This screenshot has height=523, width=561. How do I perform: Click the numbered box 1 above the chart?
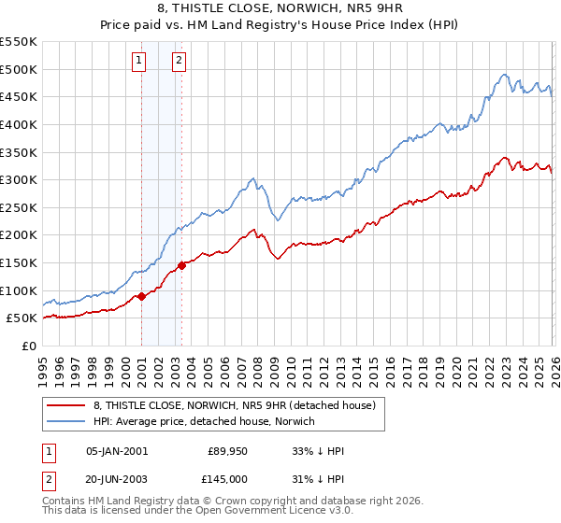click(138, 62)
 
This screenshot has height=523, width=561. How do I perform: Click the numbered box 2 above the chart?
click(179, 62)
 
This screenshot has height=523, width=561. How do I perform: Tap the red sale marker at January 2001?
click(141, 296)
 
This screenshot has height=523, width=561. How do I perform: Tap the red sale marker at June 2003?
click(181, 265)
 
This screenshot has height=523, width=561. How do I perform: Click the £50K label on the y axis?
click(22, 318)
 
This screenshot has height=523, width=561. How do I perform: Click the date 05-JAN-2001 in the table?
click(116, 451)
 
